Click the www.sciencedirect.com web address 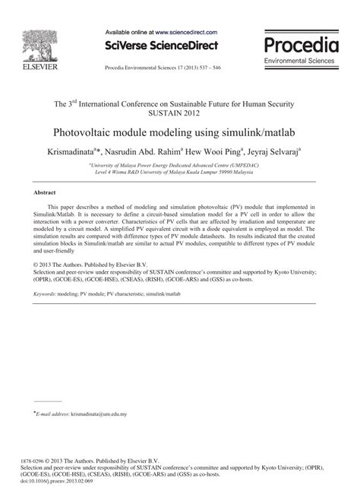point(186,33)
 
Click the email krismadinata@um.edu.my point(99,414)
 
